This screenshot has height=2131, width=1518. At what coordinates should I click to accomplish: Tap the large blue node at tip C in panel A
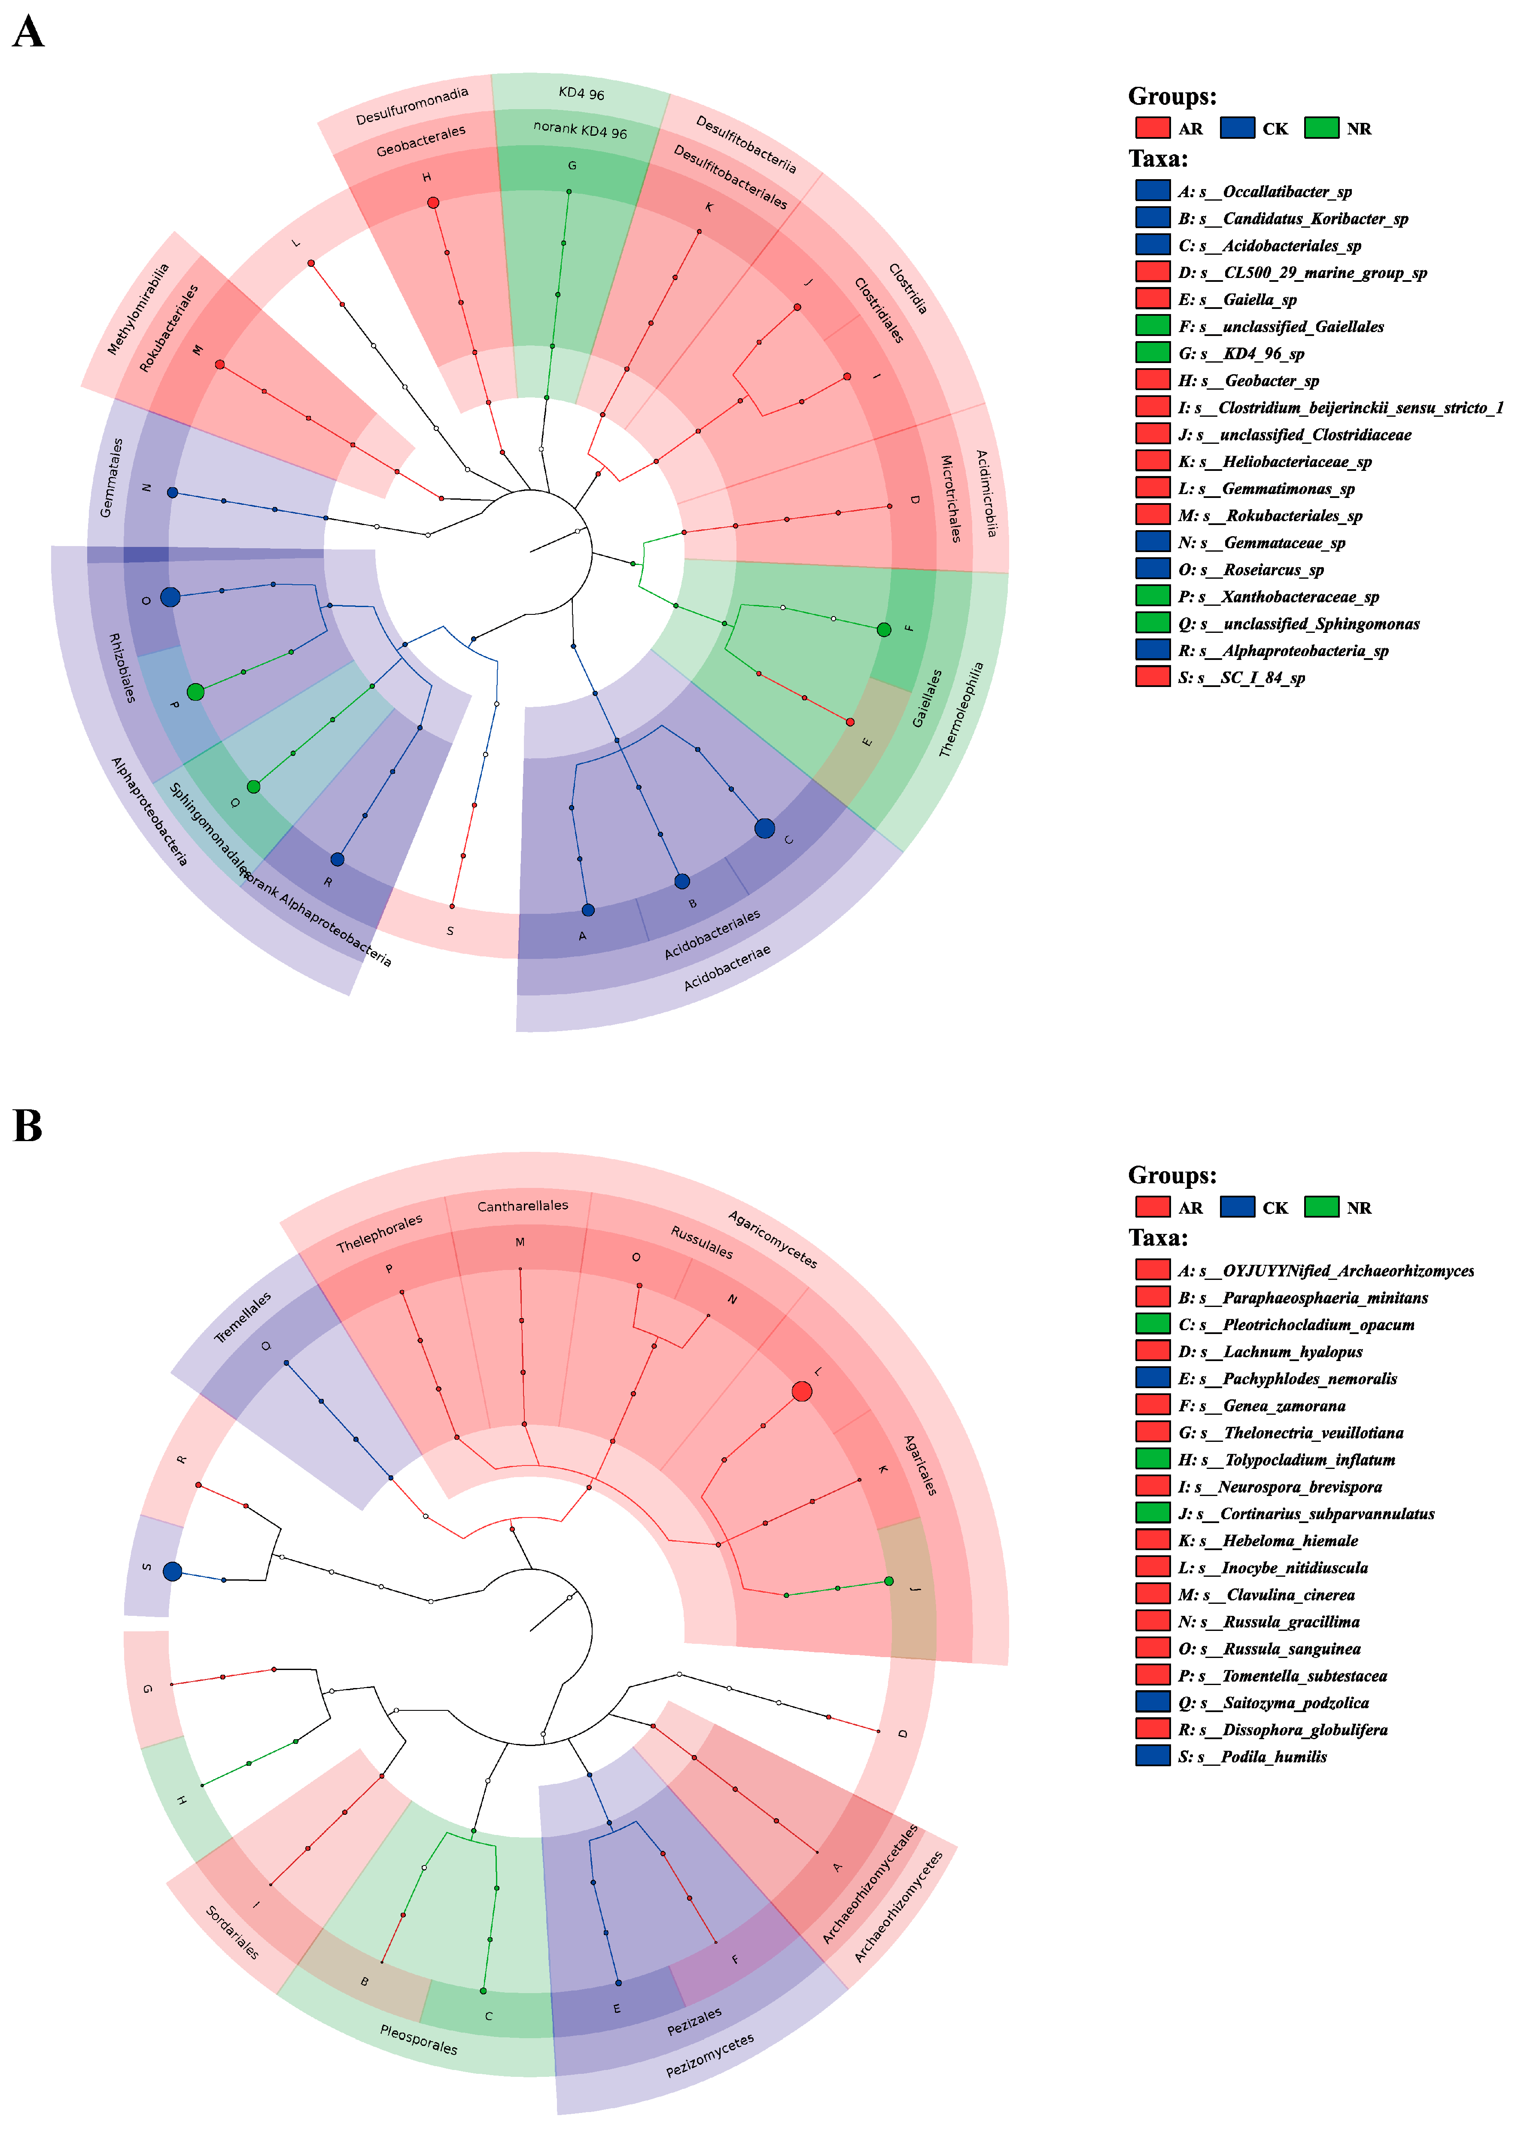pos(765,827)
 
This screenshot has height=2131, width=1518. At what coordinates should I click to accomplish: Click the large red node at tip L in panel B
pos(801,1391)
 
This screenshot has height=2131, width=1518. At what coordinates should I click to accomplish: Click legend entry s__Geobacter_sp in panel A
pos(1271,381)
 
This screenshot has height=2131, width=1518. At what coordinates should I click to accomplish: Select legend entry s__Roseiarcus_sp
pos(1273,569)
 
